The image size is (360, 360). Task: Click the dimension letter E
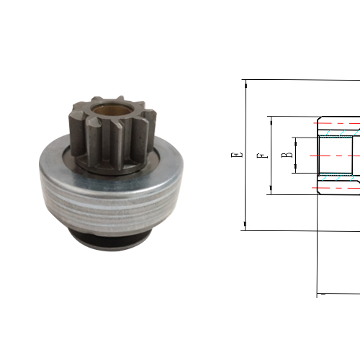[x=235, y=155]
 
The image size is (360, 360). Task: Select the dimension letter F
[x=264, y=155]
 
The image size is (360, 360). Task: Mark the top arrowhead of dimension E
[x=246, y=83]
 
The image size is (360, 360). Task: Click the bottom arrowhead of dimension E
[x=246, y=227]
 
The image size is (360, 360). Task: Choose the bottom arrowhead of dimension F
[x=271, y=191]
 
